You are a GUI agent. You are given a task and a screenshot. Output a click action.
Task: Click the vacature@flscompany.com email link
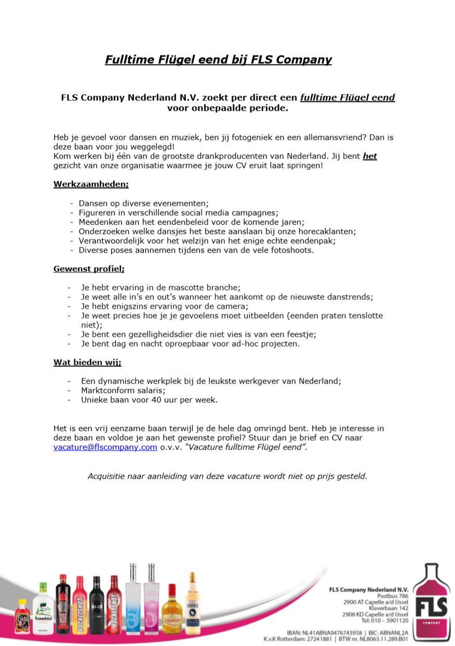click(x=105, y=447)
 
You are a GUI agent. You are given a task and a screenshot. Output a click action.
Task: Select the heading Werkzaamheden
click(x=90, y=184)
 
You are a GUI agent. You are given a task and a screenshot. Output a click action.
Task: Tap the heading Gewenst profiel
click(x=88, y=269)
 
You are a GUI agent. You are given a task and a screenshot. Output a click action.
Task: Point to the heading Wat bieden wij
click(x=87, y=362)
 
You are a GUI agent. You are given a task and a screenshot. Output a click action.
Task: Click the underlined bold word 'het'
click(x=370, y=156)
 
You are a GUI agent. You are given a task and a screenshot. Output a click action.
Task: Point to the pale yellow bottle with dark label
click(x=193, y=605)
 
